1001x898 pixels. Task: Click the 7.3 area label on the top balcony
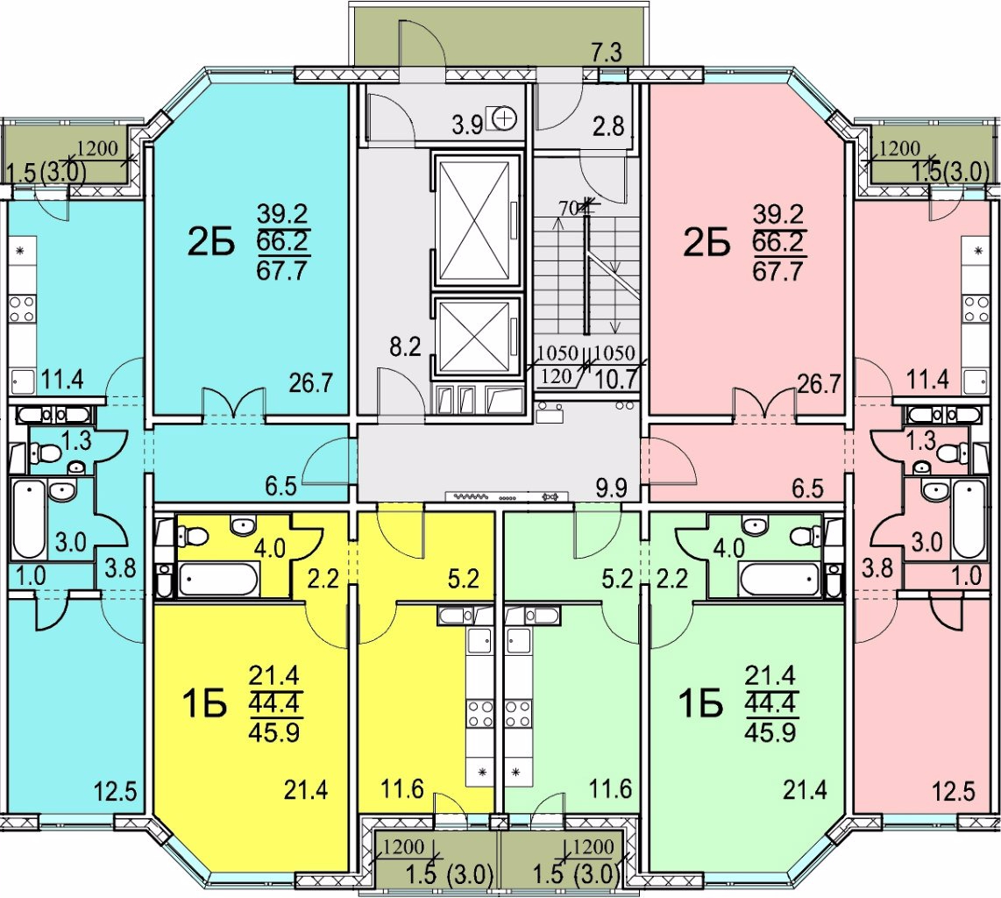click(607, 53)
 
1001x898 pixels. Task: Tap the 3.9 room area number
click(467, 125)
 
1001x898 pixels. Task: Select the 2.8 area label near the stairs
click(607, 125)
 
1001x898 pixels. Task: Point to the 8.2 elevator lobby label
click(406, 348)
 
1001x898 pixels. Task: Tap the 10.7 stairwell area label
click(615, 380)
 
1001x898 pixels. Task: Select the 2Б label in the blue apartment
click(210, 243)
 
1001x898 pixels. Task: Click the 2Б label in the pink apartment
click(706, 243)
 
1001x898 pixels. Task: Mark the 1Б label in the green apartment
click(701, 704)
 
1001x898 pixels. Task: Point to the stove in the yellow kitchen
click(480, 714)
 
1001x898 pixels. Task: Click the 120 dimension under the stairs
click(556, 376)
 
